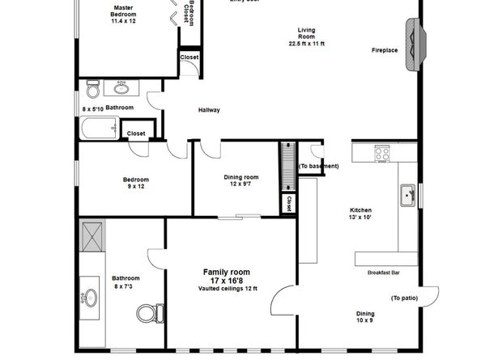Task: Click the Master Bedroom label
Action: pyautogui.click(x=123, y=11)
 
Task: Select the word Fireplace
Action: pyautogui.click(x=385, y=50)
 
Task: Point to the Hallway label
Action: pyautogui.click(x=209, y=110)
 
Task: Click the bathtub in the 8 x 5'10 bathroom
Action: pyautogui.click(x=99, y=128)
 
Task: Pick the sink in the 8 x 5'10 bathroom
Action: pyautogui.click(x=121, y=87)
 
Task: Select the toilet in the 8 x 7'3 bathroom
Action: pyautogui.click(x=150, y=312)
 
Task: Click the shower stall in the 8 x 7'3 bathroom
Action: pyautogui.click(x=93, y=235)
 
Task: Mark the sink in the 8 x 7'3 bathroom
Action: pyautogui.click(x=88, y=297)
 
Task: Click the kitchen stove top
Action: pyautogui.click(x=381, y=151)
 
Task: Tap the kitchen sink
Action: pyautogui.click(x=407, y=194)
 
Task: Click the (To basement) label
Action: pyautogui.click(x=318, y=166)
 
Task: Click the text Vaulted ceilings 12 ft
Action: pyautogui.click(x=227, y=289)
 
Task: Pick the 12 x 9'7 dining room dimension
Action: pyautogui.click(x=240, y=184)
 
